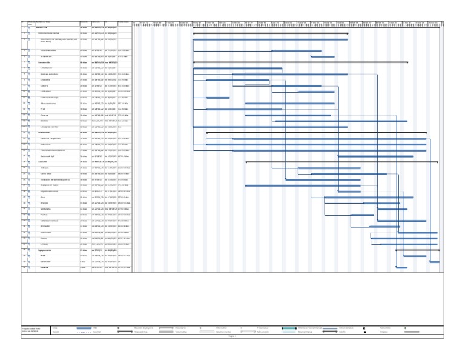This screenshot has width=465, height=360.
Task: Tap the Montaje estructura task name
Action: pyautogui.click(x=50, y=73)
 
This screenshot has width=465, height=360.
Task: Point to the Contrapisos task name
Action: pyautogui.click(x=48, y=91)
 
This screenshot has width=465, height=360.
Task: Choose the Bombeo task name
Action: pyautogui.click(x=45, y=121)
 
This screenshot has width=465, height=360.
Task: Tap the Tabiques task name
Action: pyautogui.click(x=44, y=167)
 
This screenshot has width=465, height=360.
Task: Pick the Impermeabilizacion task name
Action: pyautogui.click(x=52, y=191)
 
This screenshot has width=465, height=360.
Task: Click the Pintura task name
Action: pyautogui.click(x=44, y=238)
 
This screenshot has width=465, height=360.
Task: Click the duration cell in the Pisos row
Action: pyautogui.click(x=84, y=197)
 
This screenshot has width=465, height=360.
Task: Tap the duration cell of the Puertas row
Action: pyautogui.click(x=84, y=215)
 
